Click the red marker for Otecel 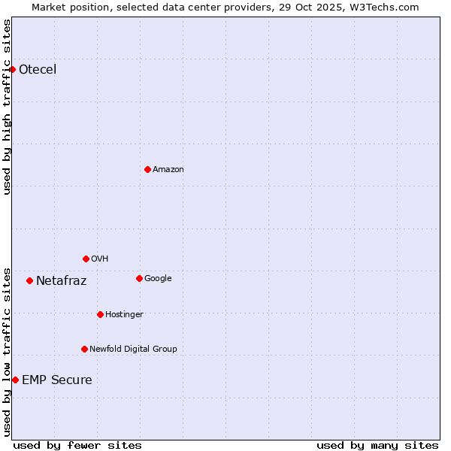(x=12, y=69)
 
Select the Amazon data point (x=147, y=169)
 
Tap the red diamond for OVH (x=86, y=259)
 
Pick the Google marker (x=139, y=278)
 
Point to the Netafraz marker (x=29, y=280)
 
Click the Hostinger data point (x=100, y=314)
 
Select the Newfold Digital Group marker (x=84, y=349)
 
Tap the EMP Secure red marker (x=15, y=380)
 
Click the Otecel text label (x=38, y=70)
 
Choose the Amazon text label (x=168, y=170)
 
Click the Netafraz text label (x=62, y=281)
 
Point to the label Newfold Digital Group (x=134, y=349)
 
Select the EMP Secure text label (x=57, y=380)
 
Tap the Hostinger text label (x=124, y=314)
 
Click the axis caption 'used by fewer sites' (x=77, y=445)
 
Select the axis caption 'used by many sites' (x=377, y=445)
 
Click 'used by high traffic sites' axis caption (x=7, y=107)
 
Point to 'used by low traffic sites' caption (x=7, y=351)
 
